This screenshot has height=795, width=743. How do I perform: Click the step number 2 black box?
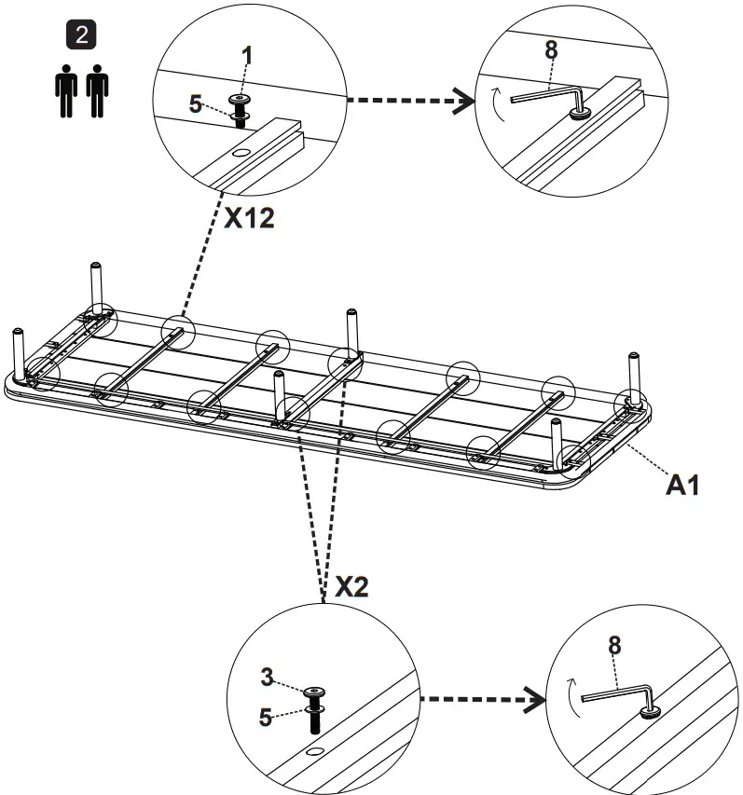pos(84,36)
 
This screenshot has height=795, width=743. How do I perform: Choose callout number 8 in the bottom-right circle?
pos(614,644)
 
